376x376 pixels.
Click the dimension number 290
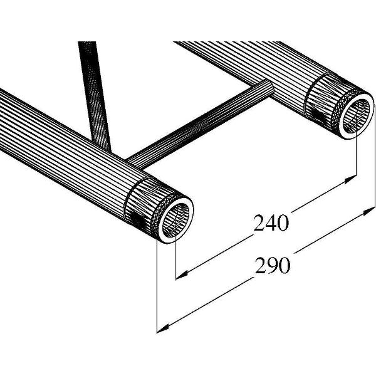[273, 266]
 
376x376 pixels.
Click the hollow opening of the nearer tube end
[176, 219]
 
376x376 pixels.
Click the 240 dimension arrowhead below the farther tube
[352, 179]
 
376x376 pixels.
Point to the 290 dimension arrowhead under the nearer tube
[161, 327]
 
